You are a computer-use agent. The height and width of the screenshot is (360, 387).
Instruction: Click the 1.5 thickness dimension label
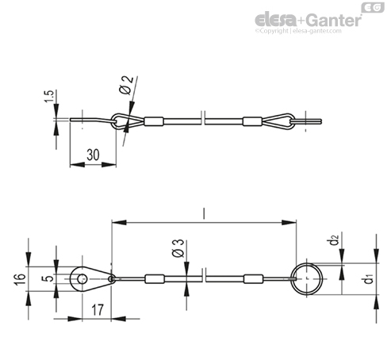(x=49, y=96)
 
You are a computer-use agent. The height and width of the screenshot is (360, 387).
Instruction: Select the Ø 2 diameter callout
(x=126, y=85)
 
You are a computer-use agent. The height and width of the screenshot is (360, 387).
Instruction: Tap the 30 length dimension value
(x=93, y=155)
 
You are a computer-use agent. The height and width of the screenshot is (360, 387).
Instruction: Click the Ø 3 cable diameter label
(x=178, y=248)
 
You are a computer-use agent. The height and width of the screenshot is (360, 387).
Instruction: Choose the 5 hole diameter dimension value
(x=49, y=278)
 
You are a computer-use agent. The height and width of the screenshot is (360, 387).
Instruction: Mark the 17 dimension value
(x=98, y=309)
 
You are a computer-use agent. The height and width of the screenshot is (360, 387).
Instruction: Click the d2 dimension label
(x=335, y=239)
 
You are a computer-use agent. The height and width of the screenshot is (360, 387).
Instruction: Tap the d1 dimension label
(x=369, y=278)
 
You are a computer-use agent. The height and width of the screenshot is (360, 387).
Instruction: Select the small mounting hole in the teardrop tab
(x=82, y=279)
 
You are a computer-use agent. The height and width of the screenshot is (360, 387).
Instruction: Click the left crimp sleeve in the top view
(x=154, y=121)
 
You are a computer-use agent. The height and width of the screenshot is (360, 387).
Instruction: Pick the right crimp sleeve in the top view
(x=252, y=121)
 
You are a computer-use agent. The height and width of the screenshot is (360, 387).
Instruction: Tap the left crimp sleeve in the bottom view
(x=155, y=279)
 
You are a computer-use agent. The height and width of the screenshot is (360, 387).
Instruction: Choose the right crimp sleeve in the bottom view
(x=253, y=279)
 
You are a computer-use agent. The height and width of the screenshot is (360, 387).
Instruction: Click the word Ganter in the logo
(x=334, y=21)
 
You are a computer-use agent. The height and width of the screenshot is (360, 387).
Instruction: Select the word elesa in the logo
(x=277, y=20)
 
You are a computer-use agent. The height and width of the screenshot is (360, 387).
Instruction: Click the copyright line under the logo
(x=298, y=31)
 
